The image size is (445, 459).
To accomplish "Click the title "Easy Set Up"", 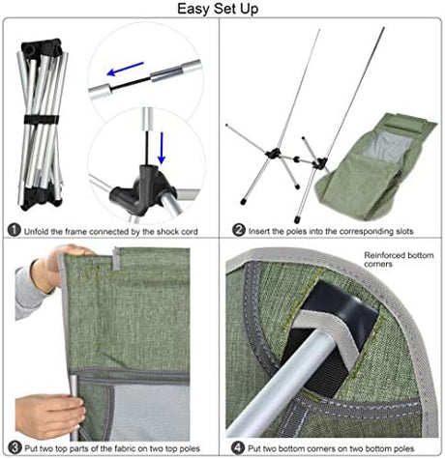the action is click(218, 9).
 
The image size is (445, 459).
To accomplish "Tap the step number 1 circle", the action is click(14, 230).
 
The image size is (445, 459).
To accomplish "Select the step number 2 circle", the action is click(239, 230).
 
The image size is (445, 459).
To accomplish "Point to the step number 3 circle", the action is click(15, 447).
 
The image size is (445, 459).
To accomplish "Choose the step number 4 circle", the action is click(238, 447).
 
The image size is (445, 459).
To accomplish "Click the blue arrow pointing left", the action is click(125, 69).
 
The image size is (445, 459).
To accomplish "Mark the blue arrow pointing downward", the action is click(162, 148).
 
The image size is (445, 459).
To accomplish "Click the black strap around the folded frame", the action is click(42, 119).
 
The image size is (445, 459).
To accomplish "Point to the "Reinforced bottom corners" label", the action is click(399, 259).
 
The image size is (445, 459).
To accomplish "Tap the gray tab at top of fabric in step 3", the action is click(116, 258).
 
